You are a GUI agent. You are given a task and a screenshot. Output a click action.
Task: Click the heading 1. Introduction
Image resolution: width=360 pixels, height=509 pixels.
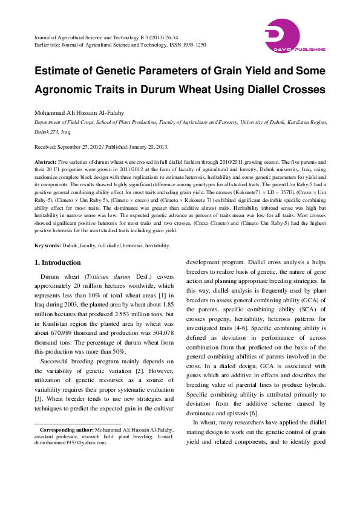pos(57,262)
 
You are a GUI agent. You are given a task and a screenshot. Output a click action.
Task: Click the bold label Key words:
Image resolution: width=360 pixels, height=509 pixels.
pos(47,246)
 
